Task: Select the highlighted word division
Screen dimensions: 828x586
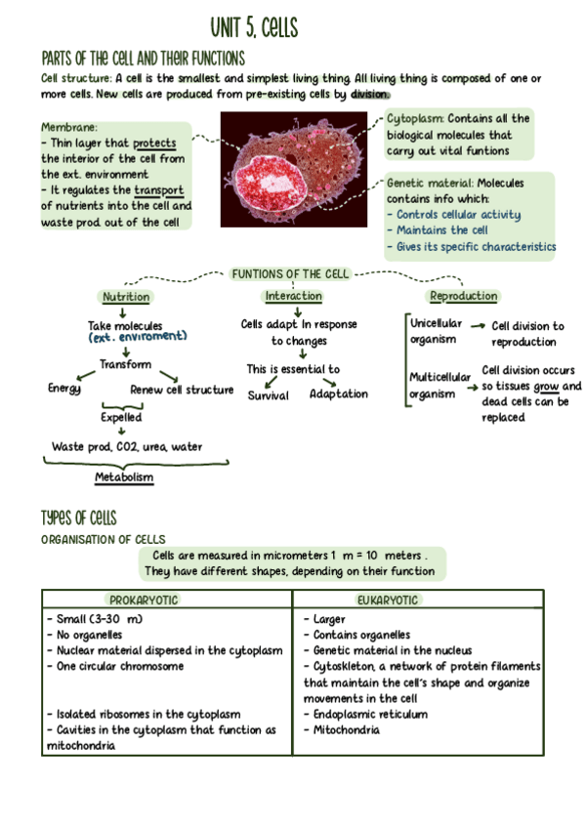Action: pos(370,95)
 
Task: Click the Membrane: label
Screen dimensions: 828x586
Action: pos(69,127)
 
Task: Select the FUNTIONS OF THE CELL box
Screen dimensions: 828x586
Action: pos(290,274)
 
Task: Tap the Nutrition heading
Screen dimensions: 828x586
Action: pos(126,297)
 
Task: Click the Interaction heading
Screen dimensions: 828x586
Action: pos(293,297)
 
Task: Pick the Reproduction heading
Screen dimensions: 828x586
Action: pos(463,297)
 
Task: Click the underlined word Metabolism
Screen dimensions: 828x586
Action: pos(124,477)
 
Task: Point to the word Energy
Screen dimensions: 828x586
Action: pos(64,389)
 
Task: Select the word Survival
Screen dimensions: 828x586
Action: pos(268,394)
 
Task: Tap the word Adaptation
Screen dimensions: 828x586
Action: pos(339,394)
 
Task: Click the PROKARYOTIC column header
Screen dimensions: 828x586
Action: pos(145,600)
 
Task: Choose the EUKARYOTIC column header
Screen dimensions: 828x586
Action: pos(387,600)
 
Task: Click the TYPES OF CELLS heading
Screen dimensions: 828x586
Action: pos(79,517)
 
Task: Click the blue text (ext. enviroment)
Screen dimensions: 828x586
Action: pos(137,337)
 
